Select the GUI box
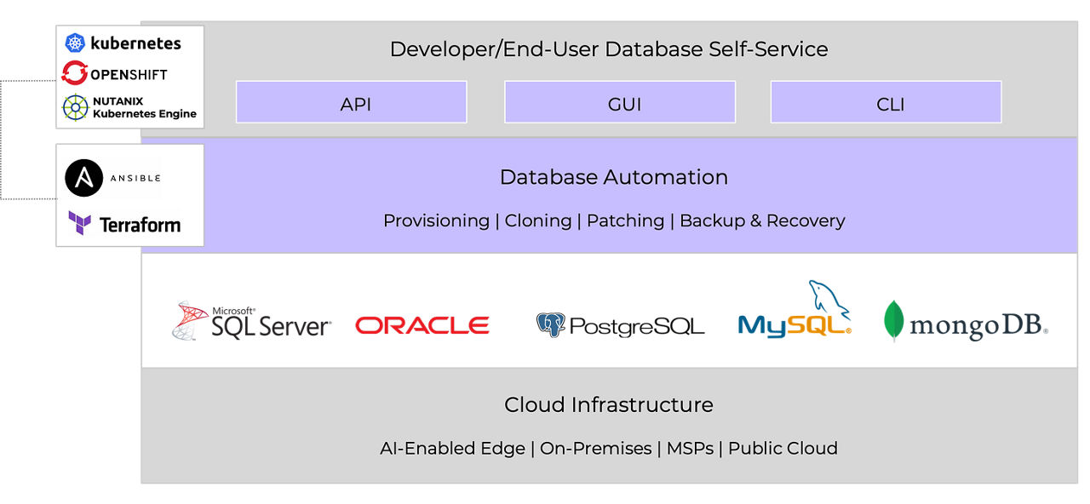pos(620,102)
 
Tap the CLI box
pos(886,102)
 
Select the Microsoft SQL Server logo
pos(251,321)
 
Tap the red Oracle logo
pos(422,325)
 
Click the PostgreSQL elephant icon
pos(551,325)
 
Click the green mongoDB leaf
pos(893,321)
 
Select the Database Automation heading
pos(613,177)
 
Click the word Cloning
pos(537,220)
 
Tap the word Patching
pos(625,220)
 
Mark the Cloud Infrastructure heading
pos(609,404)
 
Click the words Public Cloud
pos(783,449)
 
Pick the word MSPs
pos(690,449)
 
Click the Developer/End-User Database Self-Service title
pos(609,49)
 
